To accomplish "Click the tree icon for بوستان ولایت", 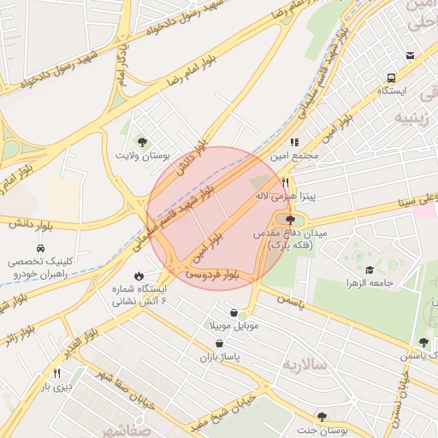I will click(142, 142).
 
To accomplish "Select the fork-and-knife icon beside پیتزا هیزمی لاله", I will click(286, 182).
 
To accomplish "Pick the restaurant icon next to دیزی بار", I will click(57, 373).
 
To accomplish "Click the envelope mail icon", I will click(411, 56).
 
